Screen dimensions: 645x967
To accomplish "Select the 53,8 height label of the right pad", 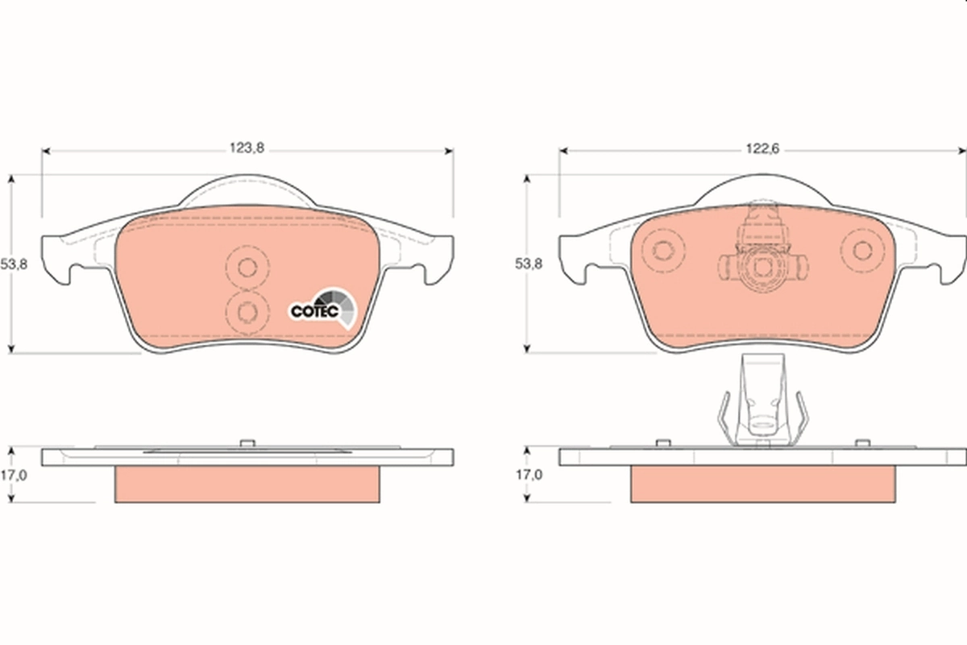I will coord(529,264).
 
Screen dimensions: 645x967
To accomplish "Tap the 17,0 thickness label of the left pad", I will coord(15,476).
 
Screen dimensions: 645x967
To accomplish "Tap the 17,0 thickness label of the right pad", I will coord(529,476).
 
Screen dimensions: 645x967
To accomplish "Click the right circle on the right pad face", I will coord(861,250).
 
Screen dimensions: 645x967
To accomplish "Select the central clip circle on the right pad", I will coord(760,267).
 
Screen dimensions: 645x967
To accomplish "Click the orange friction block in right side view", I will coord(762,484).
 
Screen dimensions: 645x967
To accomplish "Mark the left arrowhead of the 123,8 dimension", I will coord(46,150).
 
